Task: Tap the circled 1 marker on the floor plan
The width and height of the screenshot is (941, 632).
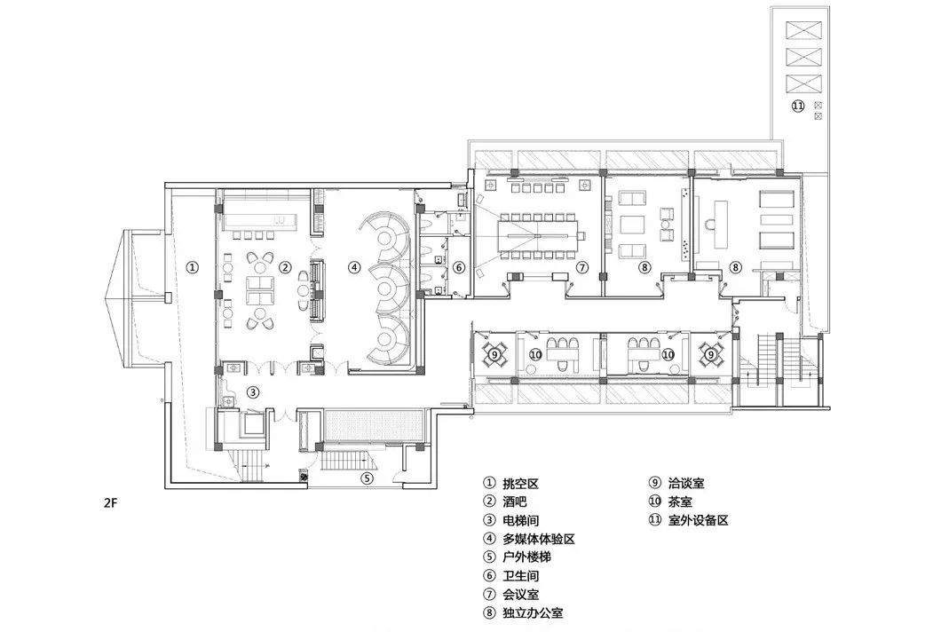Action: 194,265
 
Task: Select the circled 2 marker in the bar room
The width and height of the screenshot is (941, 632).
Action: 286,265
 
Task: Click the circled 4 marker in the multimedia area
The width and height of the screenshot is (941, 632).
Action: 353,265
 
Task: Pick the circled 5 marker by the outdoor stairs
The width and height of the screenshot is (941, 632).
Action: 368,478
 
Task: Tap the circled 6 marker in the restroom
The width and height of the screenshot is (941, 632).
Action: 459,266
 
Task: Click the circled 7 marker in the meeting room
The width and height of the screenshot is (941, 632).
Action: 582,266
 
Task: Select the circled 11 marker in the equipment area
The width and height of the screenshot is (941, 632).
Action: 797,106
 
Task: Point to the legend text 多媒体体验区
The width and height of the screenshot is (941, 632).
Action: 541,540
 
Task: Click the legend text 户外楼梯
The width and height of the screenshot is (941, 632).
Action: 528,558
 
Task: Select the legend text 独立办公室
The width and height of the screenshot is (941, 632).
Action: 534,613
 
